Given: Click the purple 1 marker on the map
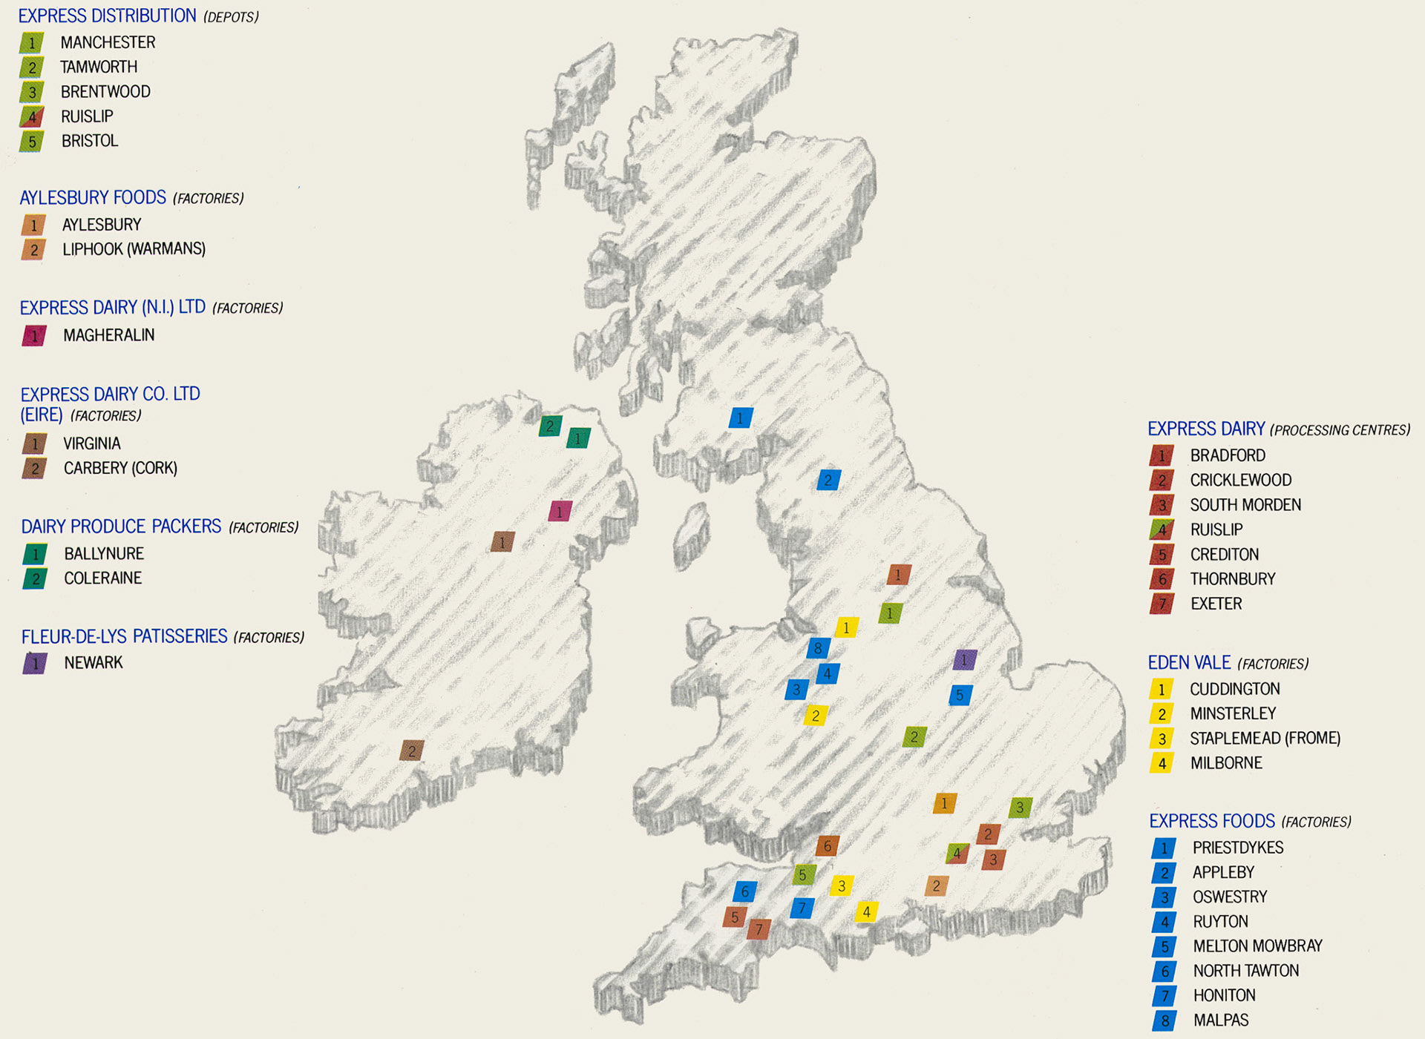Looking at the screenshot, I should (x=964, y=659).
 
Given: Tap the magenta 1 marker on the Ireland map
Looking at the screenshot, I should (x=560, y=511).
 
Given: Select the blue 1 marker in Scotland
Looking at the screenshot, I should (x=740, y=418).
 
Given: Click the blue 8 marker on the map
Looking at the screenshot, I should (x=818, y=648).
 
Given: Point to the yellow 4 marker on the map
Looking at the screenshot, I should (x=866, y=911).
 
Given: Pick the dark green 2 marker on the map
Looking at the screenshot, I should (x=549, y=426).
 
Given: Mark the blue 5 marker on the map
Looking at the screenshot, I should (x=960, y=695).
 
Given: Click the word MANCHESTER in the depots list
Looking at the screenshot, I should (x=108, y=43).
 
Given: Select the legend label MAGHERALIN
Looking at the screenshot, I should (x=108, y=335).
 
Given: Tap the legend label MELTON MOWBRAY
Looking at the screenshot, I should (x=1257, y=946).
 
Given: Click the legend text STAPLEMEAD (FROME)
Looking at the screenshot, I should (x=1265, y=739).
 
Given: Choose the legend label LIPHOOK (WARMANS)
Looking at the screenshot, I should (x=134, y=249).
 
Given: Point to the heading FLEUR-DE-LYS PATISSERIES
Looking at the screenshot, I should (x=124, y=636).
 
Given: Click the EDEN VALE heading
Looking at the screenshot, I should (x=1189, y=662).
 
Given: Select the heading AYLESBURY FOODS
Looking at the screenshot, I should (x=93, y=198).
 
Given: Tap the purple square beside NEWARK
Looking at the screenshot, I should (x=35, y=663).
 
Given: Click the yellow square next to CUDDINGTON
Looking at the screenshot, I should (x=1162, y=690).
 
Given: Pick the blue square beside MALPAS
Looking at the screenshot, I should (x=1164, y=1021).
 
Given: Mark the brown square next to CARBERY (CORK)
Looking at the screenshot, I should (x=34, y=469).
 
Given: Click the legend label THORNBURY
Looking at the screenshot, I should (x=1232, y=579).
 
